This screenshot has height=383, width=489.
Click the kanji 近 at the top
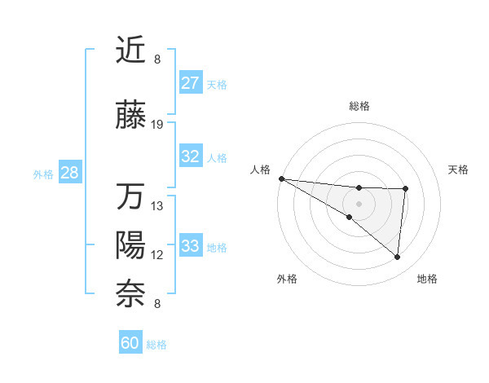130,51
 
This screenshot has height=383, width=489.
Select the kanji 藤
130,117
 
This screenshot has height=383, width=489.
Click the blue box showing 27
191,83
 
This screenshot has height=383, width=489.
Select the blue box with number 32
191,156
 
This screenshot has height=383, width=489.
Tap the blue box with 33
191,246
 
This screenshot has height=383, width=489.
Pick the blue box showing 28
69,173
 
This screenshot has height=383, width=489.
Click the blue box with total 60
130,343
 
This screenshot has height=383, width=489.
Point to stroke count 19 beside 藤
157,125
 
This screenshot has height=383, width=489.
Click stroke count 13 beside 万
157,206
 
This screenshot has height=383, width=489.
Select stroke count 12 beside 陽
157,255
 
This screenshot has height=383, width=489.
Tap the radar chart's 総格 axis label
359,107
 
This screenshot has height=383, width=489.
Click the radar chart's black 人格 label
260,169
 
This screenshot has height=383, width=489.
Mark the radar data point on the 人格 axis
281,178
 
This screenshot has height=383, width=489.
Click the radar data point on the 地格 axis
397,258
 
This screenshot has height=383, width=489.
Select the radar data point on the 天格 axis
405,189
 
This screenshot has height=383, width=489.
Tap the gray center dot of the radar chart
359,202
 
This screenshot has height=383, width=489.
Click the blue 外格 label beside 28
42,174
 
